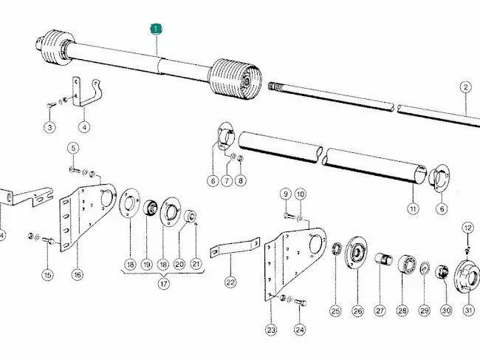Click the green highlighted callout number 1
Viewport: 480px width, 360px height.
click(156, 30)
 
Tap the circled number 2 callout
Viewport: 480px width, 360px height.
click(465, 87)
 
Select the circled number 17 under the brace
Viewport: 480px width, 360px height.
click(164, 284)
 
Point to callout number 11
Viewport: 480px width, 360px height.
click(413, 209)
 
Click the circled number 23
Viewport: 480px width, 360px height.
click(271, 330)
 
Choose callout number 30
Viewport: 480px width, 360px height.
click(446, 310)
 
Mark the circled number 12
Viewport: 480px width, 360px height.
click(467, 228)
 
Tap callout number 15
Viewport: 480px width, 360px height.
click(48, 275)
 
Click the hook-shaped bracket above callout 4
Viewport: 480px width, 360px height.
click(87, 92)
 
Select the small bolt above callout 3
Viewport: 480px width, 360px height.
click(51, 106)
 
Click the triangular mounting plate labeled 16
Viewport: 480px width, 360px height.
click(88, 216)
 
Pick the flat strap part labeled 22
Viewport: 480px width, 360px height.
click(235, 247)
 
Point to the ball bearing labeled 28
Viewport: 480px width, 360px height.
click(408, 263)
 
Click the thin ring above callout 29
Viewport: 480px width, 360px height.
click(425, 268)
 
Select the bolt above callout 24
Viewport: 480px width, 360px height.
click(301, 302)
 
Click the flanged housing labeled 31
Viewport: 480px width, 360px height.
click(467, 276)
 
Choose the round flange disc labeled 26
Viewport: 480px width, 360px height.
click(356, 253)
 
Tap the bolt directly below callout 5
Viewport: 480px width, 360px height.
click(75, 170)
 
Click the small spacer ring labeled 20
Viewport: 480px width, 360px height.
click(190, 215)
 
